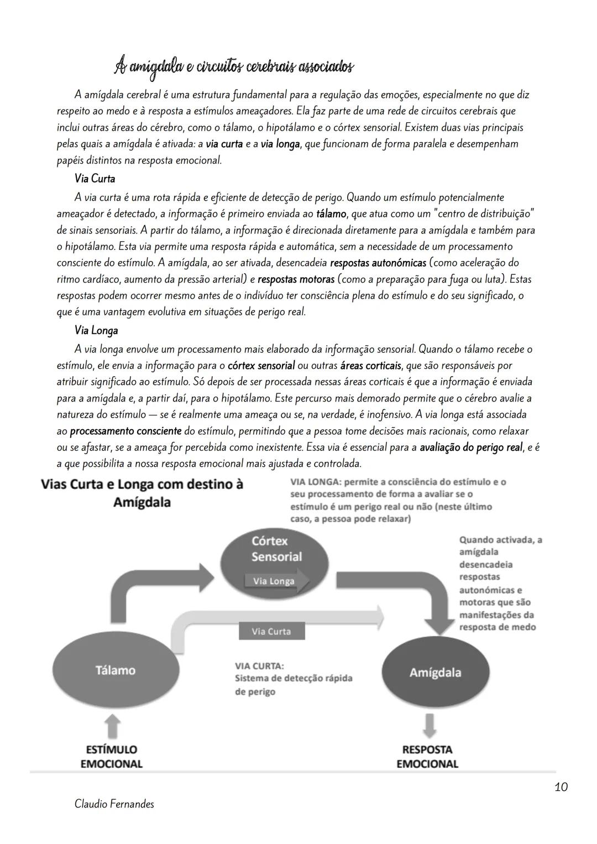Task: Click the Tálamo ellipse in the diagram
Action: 116,670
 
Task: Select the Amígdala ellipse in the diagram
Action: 436,672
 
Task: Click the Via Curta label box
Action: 271,632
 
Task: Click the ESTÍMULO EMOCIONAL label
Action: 112,757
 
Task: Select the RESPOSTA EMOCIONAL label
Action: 427,757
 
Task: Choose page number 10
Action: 561,786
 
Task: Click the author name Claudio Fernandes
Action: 114,804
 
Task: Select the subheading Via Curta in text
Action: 95,179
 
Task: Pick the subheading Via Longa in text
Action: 96,331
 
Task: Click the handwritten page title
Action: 233,67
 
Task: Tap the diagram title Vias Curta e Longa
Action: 142,493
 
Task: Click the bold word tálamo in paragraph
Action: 331,213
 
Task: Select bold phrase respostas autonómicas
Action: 378,263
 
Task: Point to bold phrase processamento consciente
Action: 125,431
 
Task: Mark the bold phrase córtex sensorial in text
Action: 261,366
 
